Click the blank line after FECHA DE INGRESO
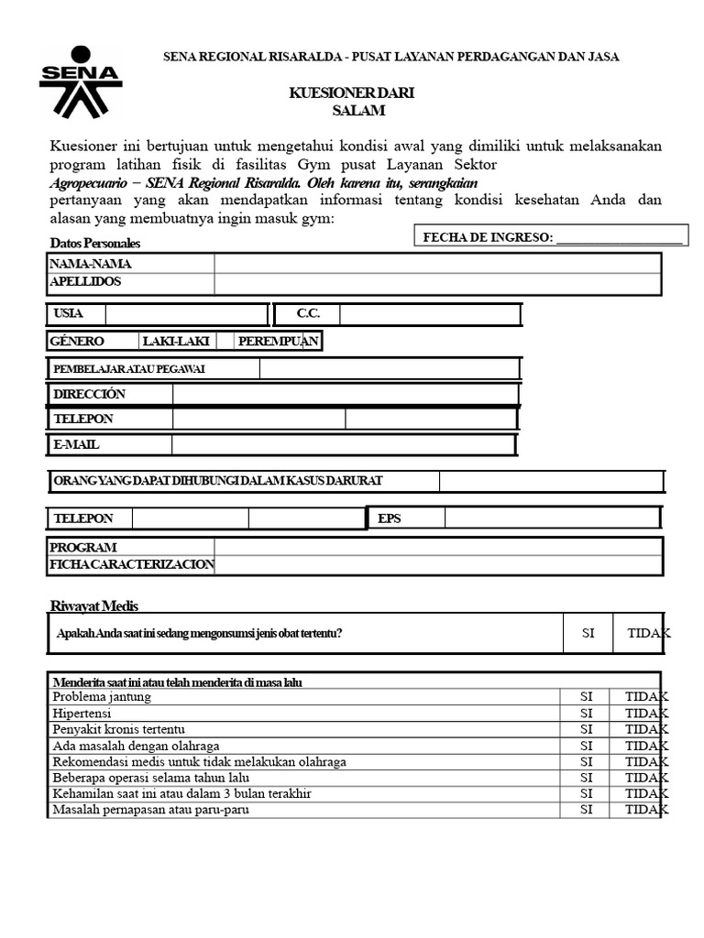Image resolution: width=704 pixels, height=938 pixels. (x=619, y=238)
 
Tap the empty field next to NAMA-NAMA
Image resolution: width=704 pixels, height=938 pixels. (x=437, y=264)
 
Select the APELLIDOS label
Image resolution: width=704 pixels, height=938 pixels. (x=85, y=282)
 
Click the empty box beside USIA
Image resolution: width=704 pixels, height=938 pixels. (x=186, y=314)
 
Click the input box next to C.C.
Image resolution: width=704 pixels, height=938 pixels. (x=429, y=314)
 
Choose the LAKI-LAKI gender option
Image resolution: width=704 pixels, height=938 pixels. (x=175, y=342)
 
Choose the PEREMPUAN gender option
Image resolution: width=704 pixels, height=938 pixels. (x=278, y=342)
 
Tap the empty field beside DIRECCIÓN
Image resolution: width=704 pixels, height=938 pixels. (x=345, y=394)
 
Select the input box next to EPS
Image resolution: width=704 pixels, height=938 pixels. (x=552, y=518)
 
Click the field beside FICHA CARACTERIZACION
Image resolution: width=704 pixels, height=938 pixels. (x=437, y=565)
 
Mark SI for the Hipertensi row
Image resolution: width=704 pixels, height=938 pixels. (x=587, y=713)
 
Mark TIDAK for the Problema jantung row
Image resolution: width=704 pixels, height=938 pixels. (x=646, y=697)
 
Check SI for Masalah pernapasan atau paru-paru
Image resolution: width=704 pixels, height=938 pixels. (x=587, y=811)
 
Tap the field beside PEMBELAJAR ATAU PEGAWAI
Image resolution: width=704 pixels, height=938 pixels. (x=390, y=368)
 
